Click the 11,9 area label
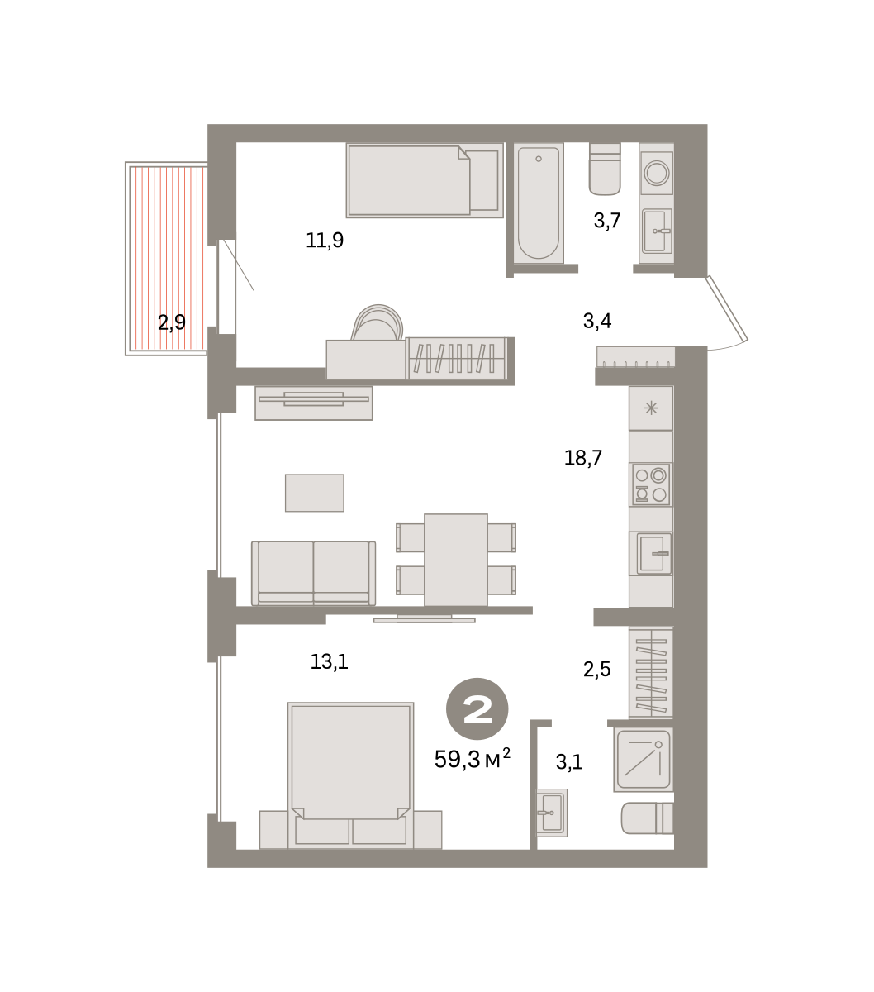[325, 241]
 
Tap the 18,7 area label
[583, 458]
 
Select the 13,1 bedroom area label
[329, 662]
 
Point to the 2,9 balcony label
[171, 322]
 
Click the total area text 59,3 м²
[473, 759]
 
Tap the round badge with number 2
[477, 708]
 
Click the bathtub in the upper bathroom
[539, 203]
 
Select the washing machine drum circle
[656, 172]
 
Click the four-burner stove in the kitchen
[650, 484]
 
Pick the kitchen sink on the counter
[653, 553]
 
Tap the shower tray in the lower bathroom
[643, 760]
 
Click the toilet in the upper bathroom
[605, 169]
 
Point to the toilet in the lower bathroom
[647, 818]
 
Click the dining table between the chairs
[456, 560]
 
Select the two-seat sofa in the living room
[313, 573]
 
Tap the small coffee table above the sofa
[314, 493]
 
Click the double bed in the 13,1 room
[350, 775]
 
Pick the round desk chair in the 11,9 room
[378, 322]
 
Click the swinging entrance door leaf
[726, 308]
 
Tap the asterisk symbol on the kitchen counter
[651, 408]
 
